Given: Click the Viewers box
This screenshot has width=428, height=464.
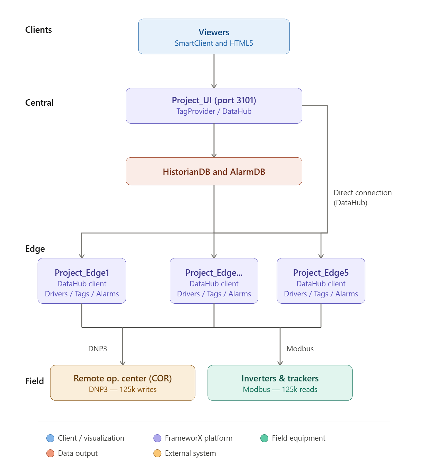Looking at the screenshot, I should pos(214,37).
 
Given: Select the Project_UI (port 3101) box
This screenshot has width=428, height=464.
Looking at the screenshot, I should pos(214,106).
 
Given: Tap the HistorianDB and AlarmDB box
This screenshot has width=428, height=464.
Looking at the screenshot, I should pos(214,172).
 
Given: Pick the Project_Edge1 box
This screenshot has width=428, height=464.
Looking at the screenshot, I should pos(82,281).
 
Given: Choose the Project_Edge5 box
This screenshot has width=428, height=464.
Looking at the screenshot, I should pos(321,281).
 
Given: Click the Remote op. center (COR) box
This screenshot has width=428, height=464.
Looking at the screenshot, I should pos(123,383).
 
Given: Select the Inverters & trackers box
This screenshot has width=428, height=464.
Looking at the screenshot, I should pos(280,383).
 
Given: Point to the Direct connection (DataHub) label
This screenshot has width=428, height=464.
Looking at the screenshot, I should pos(362,198).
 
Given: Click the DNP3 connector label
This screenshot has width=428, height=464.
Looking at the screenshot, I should pos(97,349).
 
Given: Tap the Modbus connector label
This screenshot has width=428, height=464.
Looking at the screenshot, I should pos(300,349).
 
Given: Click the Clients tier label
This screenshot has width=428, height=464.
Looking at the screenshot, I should pos(39,30).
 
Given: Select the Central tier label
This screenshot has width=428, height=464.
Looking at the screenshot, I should pos(39,103).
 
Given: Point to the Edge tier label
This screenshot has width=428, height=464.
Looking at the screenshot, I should pos(35,249).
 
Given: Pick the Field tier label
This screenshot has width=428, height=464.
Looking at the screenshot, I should pos(35,381).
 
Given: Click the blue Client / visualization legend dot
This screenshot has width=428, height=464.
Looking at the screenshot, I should pos(50,438).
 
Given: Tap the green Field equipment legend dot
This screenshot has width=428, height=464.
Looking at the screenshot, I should pos(264,438).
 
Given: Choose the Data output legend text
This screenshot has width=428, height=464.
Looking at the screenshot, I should pos(78,453).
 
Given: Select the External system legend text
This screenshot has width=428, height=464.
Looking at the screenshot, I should pos(190,453).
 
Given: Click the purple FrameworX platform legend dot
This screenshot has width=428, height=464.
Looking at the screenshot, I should pos(157,438).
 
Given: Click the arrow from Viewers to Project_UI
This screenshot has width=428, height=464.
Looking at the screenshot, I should pos(214,71).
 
